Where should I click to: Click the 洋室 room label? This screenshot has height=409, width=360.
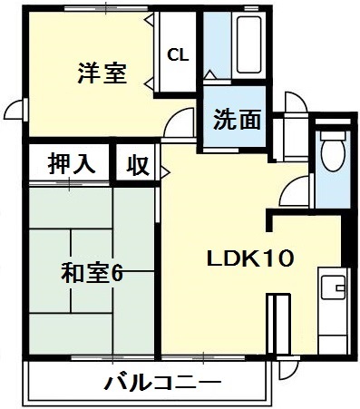click(101, 73)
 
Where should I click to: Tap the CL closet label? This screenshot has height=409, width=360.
click(178, 54)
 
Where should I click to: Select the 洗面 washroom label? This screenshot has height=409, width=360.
click(238, 119)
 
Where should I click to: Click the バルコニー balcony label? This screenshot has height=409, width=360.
click(149, 381)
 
